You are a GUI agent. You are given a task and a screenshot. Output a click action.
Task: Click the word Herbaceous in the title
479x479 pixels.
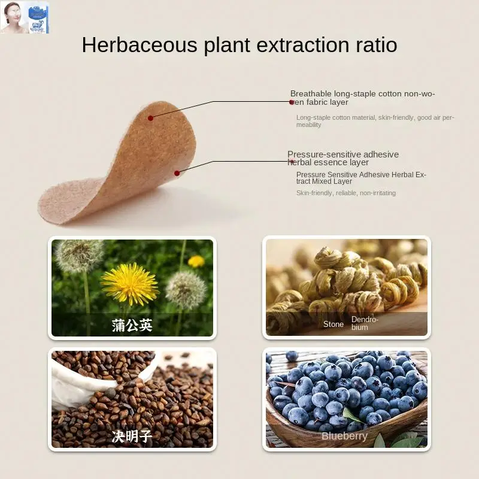tap(140, 45)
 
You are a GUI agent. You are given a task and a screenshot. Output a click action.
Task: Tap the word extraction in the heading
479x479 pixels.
tap(303, 45)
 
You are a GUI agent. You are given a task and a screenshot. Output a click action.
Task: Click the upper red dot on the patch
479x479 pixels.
tap(150, 118)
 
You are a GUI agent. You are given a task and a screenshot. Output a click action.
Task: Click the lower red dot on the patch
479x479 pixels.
tap(177, 173)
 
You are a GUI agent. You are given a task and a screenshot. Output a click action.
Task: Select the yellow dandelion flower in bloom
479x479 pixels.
tap(130, 284)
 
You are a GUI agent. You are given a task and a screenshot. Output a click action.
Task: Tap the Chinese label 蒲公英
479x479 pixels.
tap(132, 325)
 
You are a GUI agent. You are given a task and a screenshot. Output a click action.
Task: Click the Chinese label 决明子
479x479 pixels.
tap(132, 436)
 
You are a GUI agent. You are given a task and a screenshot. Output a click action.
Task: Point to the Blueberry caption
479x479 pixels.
tap(344, 436)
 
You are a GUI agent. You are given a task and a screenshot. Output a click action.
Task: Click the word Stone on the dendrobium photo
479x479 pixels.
tap(334, 324)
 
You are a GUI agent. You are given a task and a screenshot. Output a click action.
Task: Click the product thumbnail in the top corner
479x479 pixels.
tap(25, 17)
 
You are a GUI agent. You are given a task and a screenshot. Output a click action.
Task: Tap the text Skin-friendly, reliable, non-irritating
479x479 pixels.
tap(346, 193)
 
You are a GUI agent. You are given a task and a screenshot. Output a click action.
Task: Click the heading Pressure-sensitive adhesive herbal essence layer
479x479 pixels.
tap(342, 158)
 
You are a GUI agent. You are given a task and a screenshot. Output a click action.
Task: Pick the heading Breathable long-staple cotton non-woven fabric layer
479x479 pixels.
tap(362, 98)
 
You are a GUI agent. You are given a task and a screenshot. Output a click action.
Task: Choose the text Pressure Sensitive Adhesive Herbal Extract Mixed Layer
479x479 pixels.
tap(361, 178)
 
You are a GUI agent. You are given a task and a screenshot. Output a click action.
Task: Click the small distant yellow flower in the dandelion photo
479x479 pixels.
tap(196, 262)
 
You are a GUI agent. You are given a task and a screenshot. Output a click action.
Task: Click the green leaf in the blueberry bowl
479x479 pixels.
tap(352, 416)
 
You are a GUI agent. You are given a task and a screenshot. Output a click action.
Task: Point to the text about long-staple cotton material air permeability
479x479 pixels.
tap(375, 121)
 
